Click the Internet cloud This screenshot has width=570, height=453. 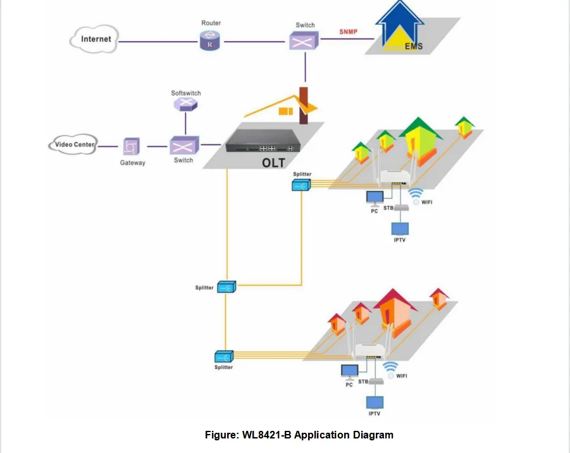(95, 39)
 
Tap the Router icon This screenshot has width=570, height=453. (210, 42)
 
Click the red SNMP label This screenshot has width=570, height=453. (348, 32)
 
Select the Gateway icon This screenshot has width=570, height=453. (132, 147)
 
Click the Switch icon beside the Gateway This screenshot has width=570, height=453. (183, 146)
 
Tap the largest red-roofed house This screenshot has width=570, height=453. (395, 309)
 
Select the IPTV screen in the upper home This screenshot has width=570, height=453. (400, 228)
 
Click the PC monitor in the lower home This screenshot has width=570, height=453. (349, 371)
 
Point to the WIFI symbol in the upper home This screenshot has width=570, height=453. (416, 195)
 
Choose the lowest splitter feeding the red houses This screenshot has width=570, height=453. (224, 357)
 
